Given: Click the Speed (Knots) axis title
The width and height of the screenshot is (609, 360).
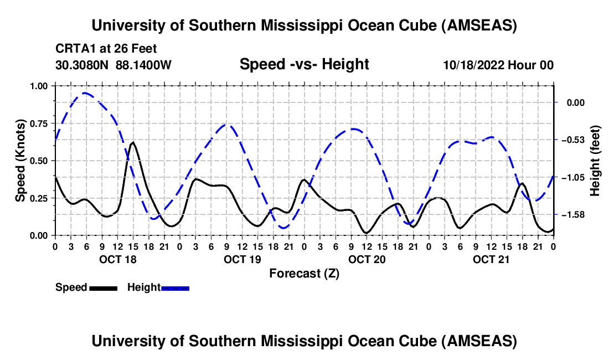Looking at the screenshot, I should tap(20, 161).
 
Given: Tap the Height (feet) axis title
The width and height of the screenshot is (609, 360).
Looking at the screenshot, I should tap(595, 161).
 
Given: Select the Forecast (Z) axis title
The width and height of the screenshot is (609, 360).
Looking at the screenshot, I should tap(304, 273).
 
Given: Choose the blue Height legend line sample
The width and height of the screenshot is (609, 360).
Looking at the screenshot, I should tap(175, 287).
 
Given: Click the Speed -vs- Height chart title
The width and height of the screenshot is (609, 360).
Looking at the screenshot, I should tap(304, 64).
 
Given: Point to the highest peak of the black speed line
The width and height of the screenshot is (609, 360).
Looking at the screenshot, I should tap(133, 142).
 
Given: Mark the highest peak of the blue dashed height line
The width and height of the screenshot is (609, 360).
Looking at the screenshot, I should tap(85, 93).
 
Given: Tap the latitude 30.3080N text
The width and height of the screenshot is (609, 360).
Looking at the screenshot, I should tap(83, 65).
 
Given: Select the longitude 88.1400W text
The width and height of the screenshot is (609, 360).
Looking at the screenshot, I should tap(144, 65).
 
